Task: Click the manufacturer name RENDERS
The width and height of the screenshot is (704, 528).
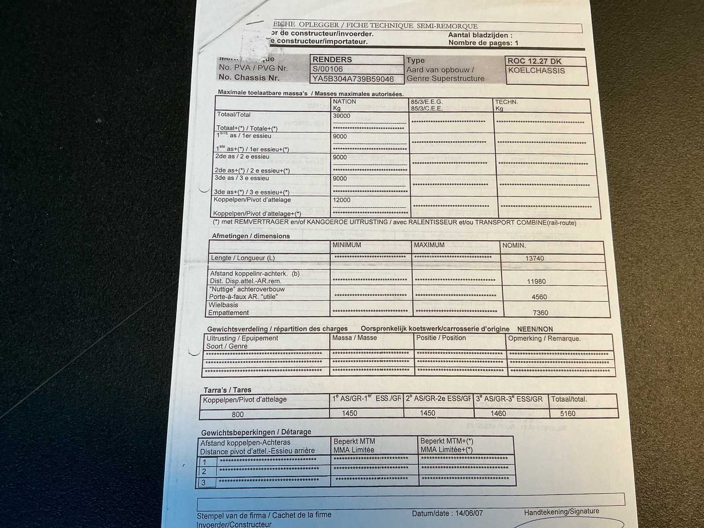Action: coord(332,59)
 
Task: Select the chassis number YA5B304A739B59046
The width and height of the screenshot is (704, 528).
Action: coord(353,79)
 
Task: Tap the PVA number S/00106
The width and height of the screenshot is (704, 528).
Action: coord(327,69)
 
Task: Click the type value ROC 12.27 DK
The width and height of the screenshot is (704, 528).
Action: coord(534,62)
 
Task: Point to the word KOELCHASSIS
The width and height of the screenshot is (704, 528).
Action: coord(536,71)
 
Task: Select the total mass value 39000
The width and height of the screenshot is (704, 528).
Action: coord(341,116)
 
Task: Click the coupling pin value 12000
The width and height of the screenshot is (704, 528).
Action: coord(341,200)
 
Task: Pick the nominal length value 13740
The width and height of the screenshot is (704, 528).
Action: coord(535,259)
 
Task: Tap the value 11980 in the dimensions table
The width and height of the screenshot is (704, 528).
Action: coord(536,282)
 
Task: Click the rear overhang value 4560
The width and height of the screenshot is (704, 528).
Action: coord(539,297)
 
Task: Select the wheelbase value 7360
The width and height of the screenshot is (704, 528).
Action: coord(540,313)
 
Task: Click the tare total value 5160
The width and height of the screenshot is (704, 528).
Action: coord(568,414)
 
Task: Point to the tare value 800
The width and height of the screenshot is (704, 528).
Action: coord(238,414)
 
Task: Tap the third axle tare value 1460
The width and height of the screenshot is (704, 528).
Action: coord(498,414)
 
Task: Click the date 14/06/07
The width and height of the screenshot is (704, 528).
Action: coord(469,513)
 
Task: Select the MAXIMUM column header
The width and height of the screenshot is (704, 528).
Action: coord(429,245)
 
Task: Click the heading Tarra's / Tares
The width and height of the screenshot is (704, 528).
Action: coord(227,390)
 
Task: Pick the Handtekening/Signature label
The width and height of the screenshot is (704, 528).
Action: coord(561,512)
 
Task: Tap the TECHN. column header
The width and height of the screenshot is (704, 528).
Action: coord(506,102)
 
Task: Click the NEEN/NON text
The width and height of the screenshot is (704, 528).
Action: coord(535,329)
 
